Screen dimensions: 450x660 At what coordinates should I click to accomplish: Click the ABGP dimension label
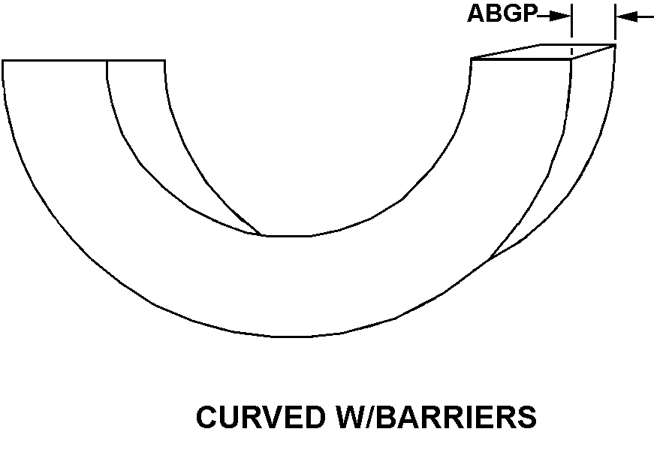[502, 14]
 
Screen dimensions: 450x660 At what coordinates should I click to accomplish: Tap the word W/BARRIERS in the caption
[432, 417]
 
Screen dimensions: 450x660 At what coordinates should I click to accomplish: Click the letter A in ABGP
[476, 14]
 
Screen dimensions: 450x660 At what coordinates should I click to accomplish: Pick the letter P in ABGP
[529, 14]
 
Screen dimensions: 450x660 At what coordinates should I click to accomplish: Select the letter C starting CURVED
[206, 417]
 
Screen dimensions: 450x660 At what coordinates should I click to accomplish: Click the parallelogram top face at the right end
[542, 52]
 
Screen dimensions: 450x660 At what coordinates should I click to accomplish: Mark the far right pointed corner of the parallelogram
[616, 45]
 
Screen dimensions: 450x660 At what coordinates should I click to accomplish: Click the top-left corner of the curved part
[3, 60]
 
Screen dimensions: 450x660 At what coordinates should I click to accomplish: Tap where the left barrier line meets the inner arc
[261, 235]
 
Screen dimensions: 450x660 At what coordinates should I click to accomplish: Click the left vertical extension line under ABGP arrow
[572, 23]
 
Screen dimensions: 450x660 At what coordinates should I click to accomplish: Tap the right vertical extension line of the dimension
[615, 23]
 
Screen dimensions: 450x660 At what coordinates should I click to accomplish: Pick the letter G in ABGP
[511, 14]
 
